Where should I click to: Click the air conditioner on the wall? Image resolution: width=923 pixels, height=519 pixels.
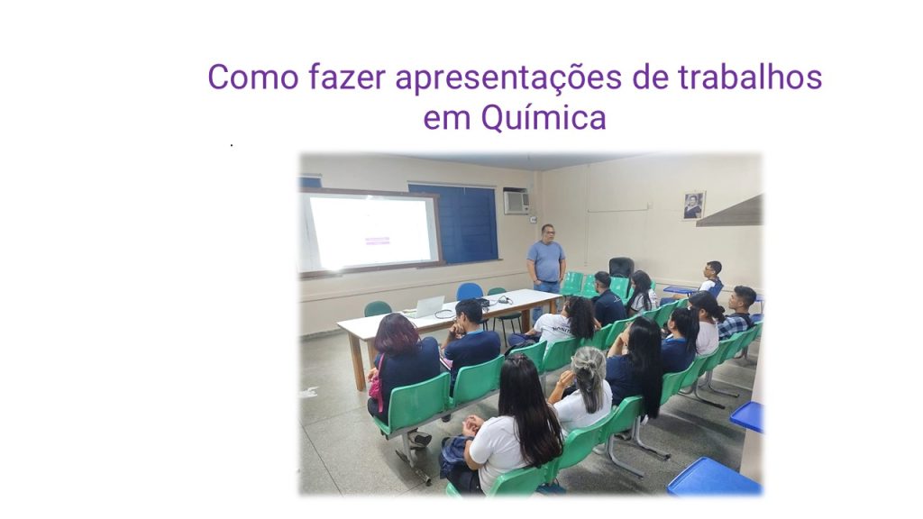(x=516, y=202)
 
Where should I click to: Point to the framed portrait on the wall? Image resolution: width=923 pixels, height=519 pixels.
(x=693, y=205)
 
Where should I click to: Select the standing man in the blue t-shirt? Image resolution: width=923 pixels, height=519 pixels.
(x=546, y=265)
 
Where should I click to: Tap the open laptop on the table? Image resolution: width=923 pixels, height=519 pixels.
(x=427, y=307)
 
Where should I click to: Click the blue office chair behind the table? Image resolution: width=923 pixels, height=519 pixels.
(x=470, y=292)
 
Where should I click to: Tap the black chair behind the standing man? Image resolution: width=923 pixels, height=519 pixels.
(x=621, y=268)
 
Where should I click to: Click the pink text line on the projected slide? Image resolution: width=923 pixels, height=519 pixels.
(x=377, y=241)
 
